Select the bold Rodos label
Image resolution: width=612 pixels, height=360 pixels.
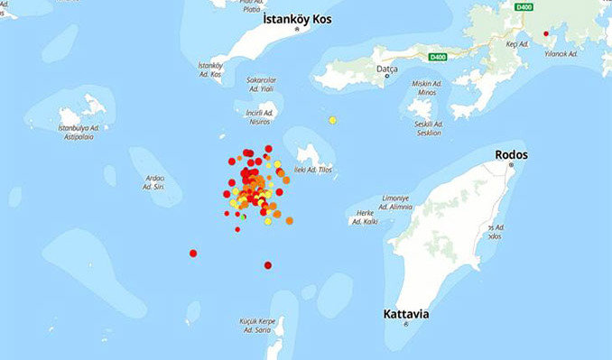511,155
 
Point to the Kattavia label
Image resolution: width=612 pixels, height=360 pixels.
405,314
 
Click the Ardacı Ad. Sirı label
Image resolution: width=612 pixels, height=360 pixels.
154,182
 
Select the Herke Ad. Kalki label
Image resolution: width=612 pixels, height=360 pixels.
365,217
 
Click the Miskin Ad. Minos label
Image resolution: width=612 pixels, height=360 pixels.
427,88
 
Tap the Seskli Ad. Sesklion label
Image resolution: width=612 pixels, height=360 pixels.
428,128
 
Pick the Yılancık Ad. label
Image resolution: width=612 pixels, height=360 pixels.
561,54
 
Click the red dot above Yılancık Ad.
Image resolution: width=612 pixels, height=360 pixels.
545,34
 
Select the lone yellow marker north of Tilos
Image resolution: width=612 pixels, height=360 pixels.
332,120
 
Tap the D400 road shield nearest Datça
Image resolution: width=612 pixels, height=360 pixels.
438,57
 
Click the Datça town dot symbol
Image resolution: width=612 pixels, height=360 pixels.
387,76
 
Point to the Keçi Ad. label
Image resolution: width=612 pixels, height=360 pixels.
517,43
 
